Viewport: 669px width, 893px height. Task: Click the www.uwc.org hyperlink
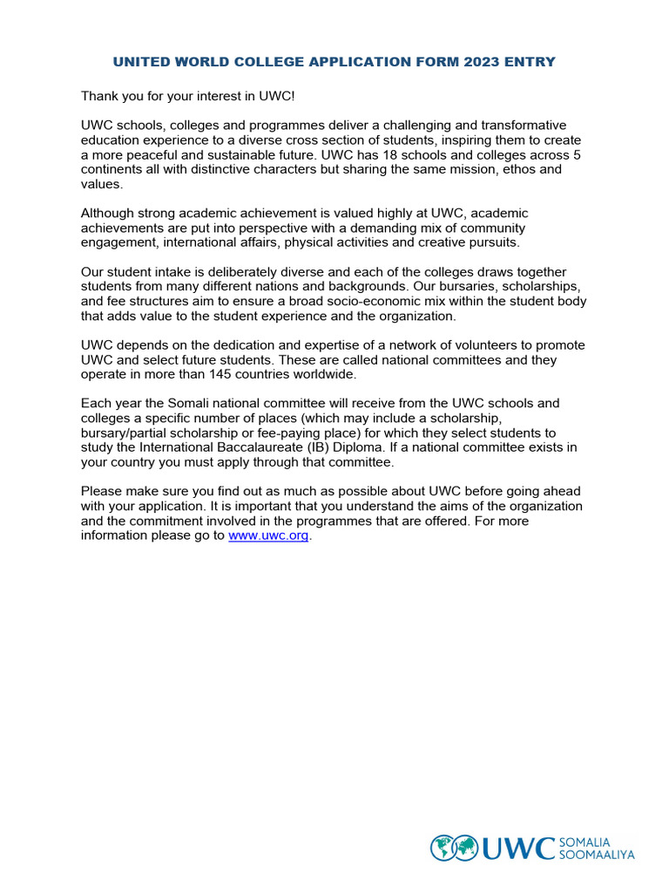268,536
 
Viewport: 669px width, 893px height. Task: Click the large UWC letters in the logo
518,848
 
